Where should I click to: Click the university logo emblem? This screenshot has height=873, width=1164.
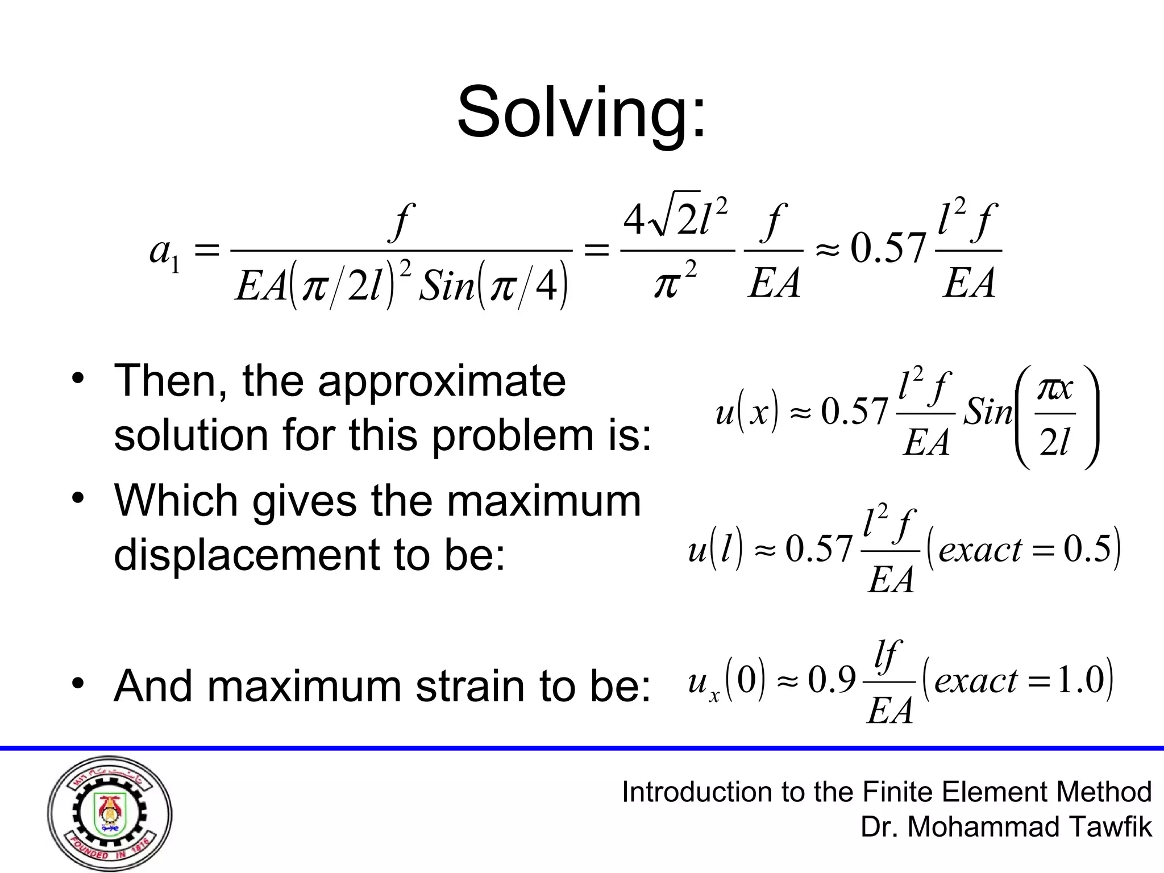coord(110,814)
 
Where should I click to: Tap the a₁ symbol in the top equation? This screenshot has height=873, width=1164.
coord(164,251)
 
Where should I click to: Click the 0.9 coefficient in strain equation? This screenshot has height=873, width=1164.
coord(832,680)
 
